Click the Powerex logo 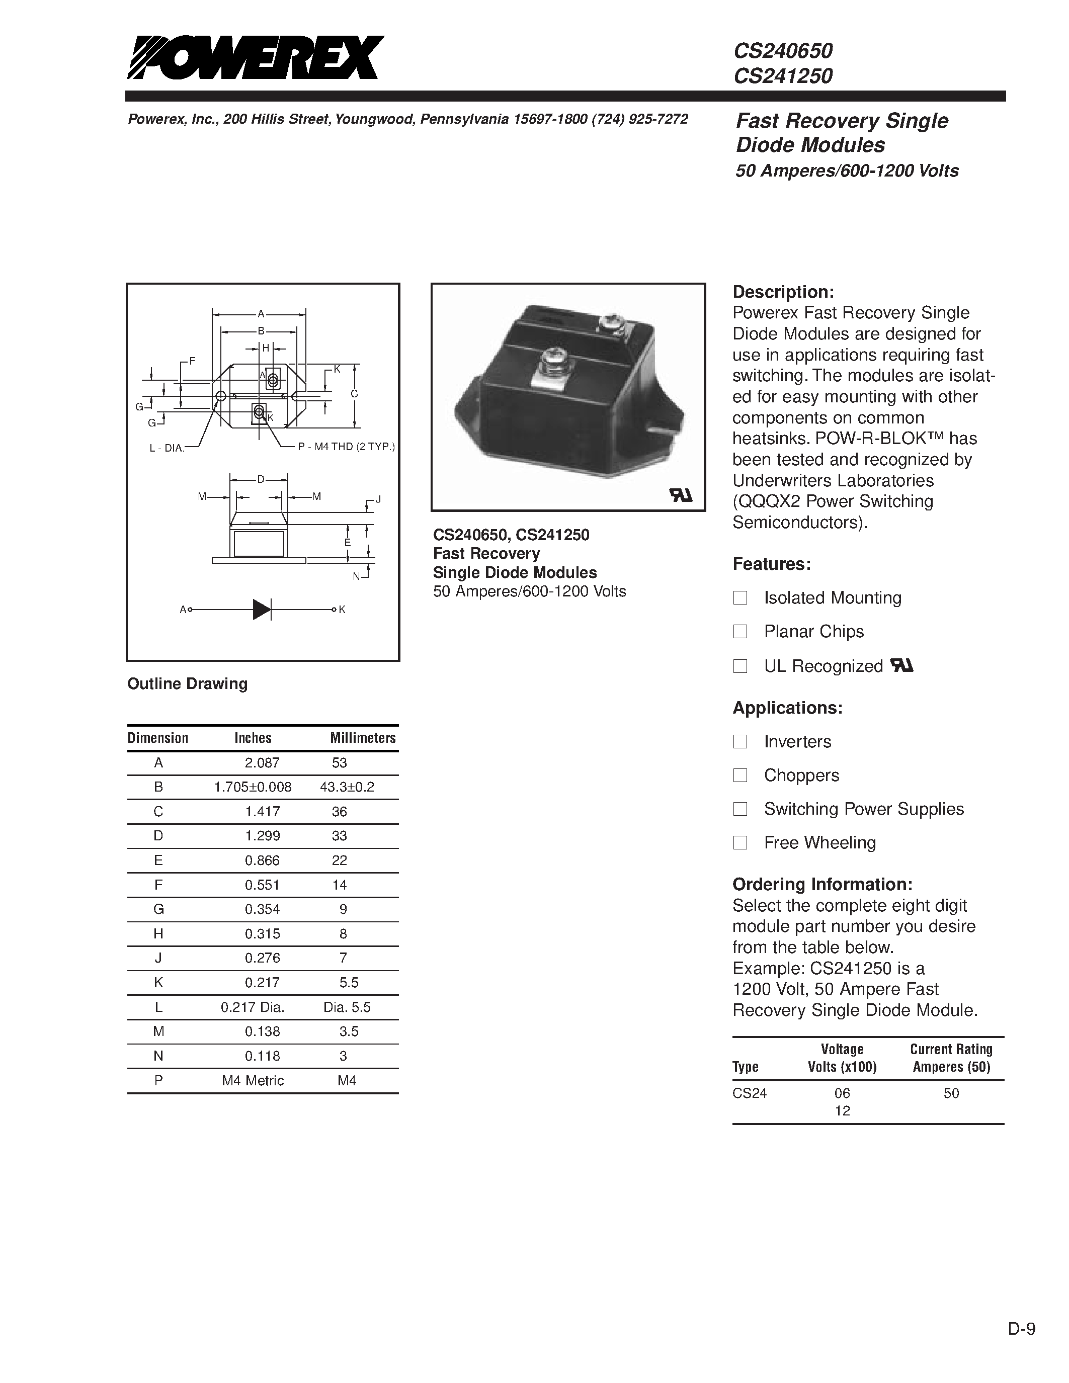pos(255,58)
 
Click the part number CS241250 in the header pos(783,76)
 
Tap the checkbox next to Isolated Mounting pos(739,598)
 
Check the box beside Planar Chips pos(739,631)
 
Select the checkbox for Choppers pos(739,775)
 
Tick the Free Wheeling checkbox pos(739,842)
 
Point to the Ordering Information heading pos(822,885)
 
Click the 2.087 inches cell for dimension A pos(262,763)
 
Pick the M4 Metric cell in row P pos(253,1080)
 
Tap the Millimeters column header pos(362,738)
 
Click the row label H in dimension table pos(158,933)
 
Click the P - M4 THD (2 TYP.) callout pos(346,447)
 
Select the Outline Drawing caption pos(188,684)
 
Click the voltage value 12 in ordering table pos(842,1111)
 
